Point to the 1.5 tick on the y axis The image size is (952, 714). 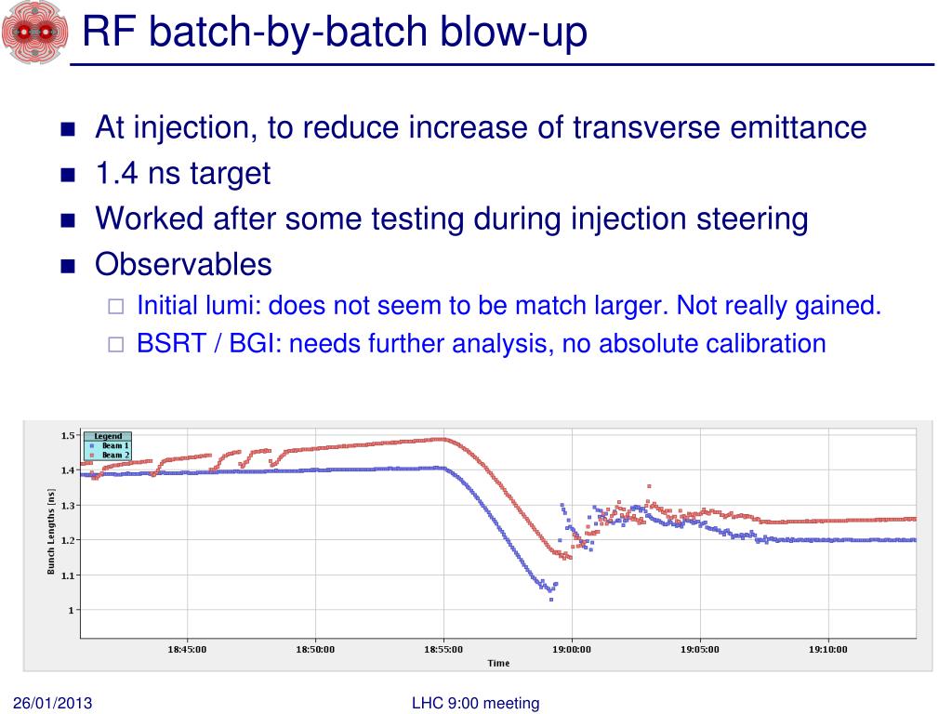click(67, 435)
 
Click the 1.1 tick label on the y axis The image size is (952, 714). click(67, 575)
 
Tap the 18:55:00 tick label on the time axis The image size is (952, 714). click(443, 650)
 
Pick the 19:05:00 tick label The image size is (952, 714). click(699, 650)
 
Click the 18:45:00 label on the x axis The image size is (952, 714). click(187, 650)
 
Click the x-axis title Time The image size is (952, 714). click(498, 663)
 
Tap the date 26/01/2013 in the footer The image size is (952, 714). click(53, 703)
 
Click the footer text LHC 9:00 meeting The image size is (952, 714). click(475, 703)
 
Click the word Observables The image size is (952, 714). click(183, 264)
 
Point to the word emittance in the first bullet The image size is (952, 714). click(797, 127)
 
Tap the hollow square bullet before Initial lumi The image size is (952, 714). click(115, 307)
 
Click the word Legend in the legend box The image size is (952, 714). click(108, 436)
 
